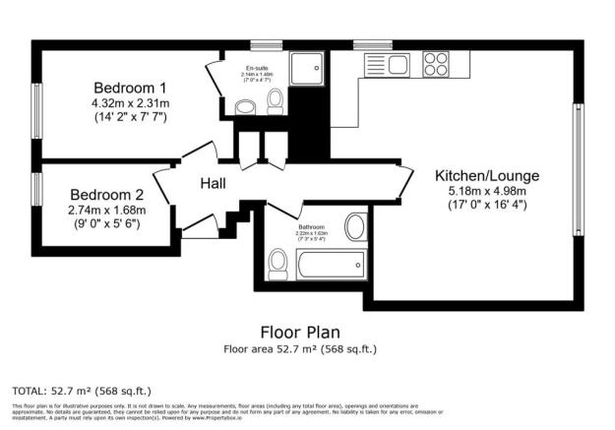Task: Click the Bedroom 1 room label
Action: [x=129, y=87]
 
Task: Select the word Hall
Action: [x=215, y=184]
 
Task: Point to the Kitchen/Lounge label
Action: [x=487, y=176]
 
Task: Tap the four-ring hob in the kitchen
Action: [x=433, y=65]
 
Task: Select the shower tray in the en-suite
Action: [x=314, y=70]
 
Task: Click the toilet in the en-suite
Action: [x=277, y=101]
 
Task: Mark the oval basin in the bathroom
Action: [x=355, y=223]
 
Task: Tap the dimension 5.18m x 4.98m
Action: [x=487, y=191]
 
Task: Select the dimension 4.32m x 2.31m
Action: [x=129, y=102]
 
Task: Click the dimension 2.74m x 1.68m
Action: [x=106, y=210]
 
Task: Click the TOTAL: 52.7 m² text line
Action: [x=82, y=390]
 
